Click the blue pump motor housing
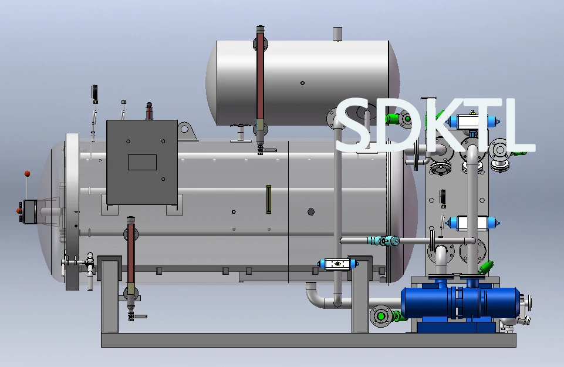460,302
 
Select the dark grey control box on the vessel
142,163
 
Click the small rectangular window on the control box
142,162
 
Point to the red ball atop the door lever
27,174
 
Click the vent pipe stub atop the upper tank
337,34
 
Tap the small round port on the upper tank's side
302,83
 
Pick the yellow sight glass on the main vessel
269,200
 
